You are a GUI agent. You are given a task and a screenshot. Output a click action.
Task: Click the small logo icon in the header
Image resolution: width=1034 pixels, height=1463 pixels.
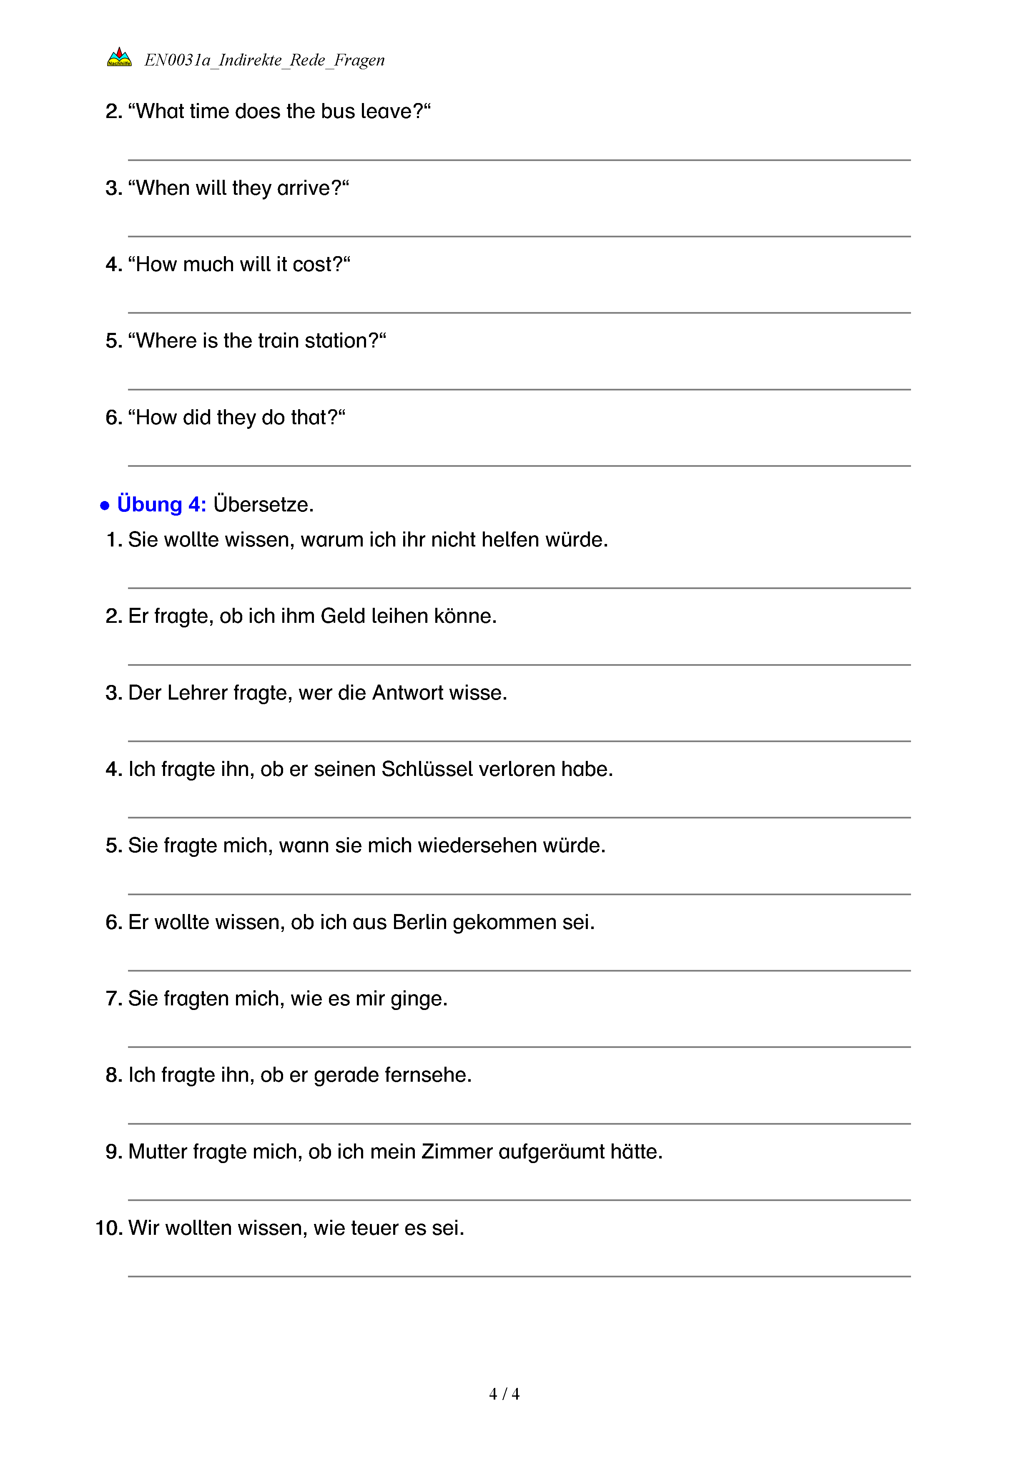coord(119,57)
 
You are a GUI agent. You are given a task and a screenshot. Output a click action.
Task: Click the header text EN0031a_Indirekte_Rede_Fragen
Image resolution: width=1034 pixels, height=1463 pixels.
coord(264,60)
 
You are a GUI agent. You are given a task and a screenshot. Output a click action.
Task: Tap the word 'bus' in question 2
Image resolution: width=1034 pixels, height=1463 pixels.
coord(337,111)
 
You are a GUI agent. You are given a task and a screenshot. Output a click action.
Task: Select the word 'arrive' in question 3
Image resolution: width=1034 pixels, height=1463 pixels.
coord(304,188)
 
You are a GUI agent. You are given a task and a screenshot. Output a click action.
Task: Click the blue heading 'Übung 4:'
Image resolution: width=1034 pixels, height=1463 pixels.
coord(161,505)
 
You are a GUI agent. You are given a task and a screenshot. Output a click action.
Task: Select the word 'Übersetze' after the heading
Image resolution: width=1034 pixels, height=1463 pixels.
coord(263,505)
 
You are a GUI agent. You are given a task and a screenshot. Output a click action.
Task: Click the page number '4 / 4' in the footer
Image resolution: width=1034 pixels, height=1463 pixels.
coord(504,1394)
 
